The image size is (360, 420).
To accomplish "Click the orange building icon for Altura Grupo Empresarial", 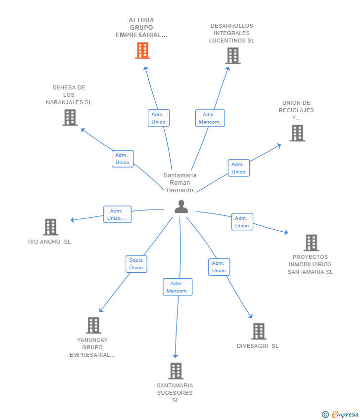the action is point(142,50).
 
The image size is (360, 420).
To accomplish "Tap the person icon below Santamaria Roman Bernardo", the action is point(181,207).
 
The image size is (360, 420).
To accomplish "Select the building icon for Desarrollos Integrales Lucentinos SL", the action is point(233,56).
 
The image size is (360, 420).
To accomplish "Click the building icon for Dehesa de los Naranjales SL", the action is point(70,118).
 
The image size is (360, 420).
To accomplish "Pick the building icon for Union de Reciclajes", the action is point(297,133).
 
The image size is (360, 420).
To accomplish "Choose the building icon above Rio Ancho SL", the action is point(50,227).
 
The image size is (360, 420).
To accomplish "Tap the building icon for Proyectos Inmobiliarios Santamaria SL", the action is point(311,243).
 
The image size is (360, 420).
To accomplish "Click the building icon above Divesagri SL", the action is point(259,332).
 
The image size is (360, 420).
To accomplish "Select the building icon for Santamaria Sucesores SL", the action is point(176,371).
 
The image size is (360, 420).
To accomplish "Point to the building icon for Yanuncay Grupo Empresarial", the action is point(93,326).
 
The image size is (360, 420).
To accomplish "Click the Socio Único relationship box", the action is point(136,264).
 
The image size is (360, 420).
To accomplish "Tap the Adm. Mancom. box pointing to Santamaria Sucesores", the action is point(178,287).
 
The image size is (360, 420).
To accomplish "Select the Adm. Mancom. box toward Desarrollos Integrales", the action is point(210,118).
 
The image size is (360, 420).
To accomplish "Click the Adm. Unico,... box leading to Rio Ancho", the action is point(117,214).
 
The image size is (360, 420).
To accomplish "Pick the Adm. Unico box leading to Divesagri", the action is point(219,267).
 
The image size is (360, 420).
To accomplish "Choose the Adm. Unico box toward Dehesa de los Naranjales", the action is point(123,159).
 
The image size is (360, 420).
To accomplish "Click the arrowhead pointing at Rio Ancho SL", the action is point(72,220).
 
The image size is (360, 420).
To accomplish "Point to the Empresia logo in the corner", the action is point(340,415).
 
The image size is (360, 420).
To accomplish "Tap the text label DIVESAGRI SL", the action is point(258,346).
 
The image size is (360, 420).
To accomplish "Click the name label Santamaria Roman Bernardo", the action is point(180,183).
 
